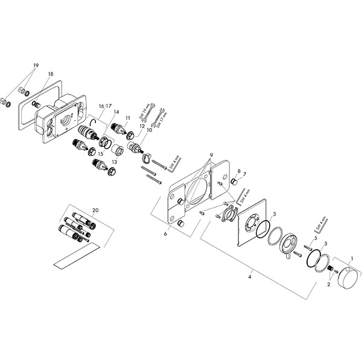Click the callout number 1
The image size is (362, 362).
click(353, 258)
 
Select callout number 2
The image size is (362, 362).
click(329, 284)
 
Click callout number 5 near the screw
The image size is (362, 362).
click(316, 238)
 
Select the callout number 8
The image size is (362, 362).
click(238, 171)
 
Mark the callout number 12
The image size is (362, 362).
click(143, 126)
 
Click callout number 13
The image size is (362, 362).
click(114, 162)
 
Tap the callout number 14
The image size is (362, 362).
click(116, 112)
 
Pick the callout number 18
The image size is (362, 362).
click(51, 72)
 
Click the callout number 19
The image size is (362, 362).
click(36, 65)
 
